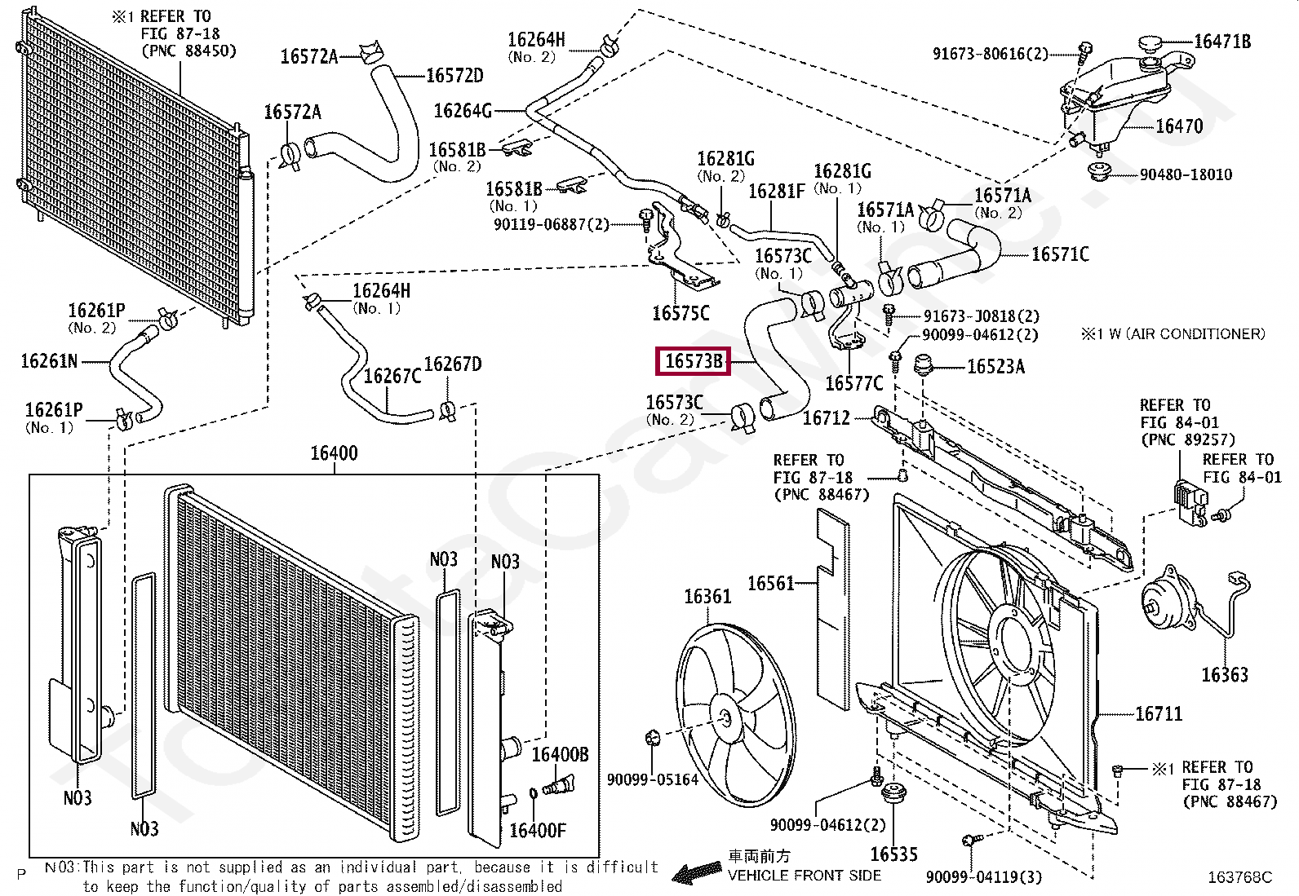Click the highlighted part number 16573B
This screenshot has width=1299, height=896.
point(693,360)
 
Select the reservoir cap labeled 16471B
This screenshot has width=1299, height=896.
point(1151,43)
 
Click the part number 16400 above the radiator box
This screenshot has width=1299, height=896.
point(334,453)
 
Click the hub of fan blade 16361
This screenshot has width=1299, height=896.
point(725,718)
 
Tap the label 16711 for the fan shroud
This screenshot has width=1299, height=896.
point(1158,714)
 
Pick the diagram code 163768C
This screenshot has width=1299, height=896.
point(1239,877)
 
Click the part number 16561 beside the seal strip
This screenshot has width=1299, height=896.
point(770,583)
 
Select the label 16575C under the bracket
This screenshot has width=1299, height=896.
point(681,313)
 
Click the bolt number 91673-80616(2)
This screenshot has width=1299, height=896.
point(990,54)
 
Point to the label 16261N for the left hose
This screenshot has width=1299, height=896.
point(49,361)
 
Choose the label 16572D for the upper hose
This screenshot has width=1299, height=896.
point(454,76)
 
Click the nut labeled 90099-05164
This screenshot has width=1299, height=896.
point(652,738)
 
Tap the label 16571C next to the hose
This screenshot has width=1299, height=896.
point(1059,254)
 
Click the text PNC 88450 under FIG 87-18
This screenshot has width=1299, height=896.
point(188,51)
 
